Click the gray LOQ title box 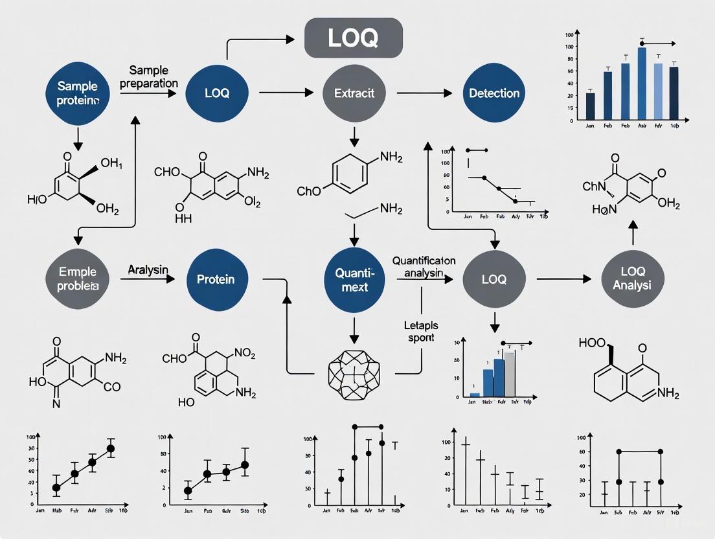pyautogui.click(x=353, y=38)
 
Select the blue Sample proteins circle pyautogui.click(x=77, y=93)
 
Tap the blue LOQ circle pyautogui.click(x=216, y=93)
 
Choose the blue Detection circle pyautogui.click(x=494, y=93)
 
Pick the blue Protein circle pyautogui.click(x=216, y=279)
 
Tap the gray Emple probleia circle pyautogui.click(x=77, y=279)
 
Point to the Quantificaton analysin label pyautogui.click(x=424, y=266)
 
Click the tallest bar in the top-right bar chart pyautogui.click(x=642, y=84)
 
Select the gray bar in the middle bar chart pyautogui.click(x=511, y=374)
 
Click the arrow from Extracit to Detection pyautogui.click(x=424, y=93)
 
